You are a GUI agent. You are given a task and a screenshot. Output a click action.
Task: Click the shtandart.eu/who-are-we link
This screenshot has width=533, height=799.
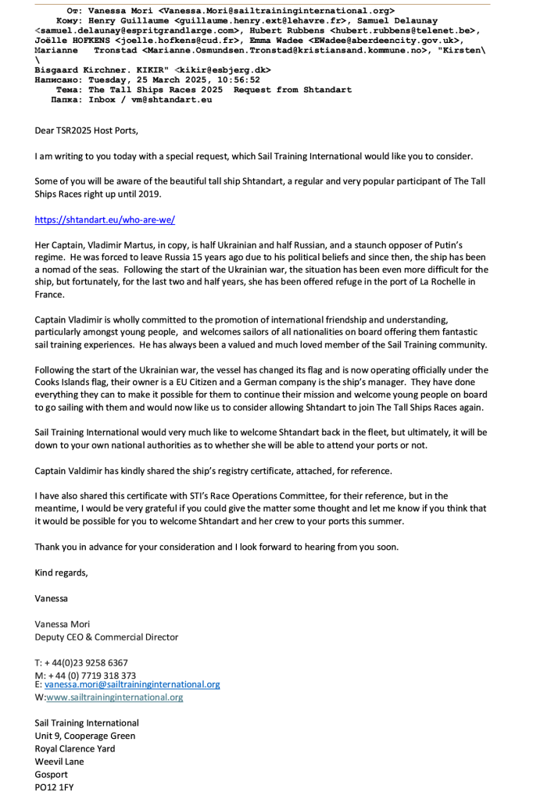(105, 220)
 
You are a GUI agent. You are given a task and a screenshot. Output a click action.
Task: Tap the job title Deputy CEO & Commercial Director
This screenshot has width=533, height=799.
(106, 637)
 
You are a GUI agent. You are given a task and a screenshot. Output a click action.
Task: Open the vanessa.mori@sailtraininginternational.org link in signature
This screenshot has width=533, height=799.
(132, 684)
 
